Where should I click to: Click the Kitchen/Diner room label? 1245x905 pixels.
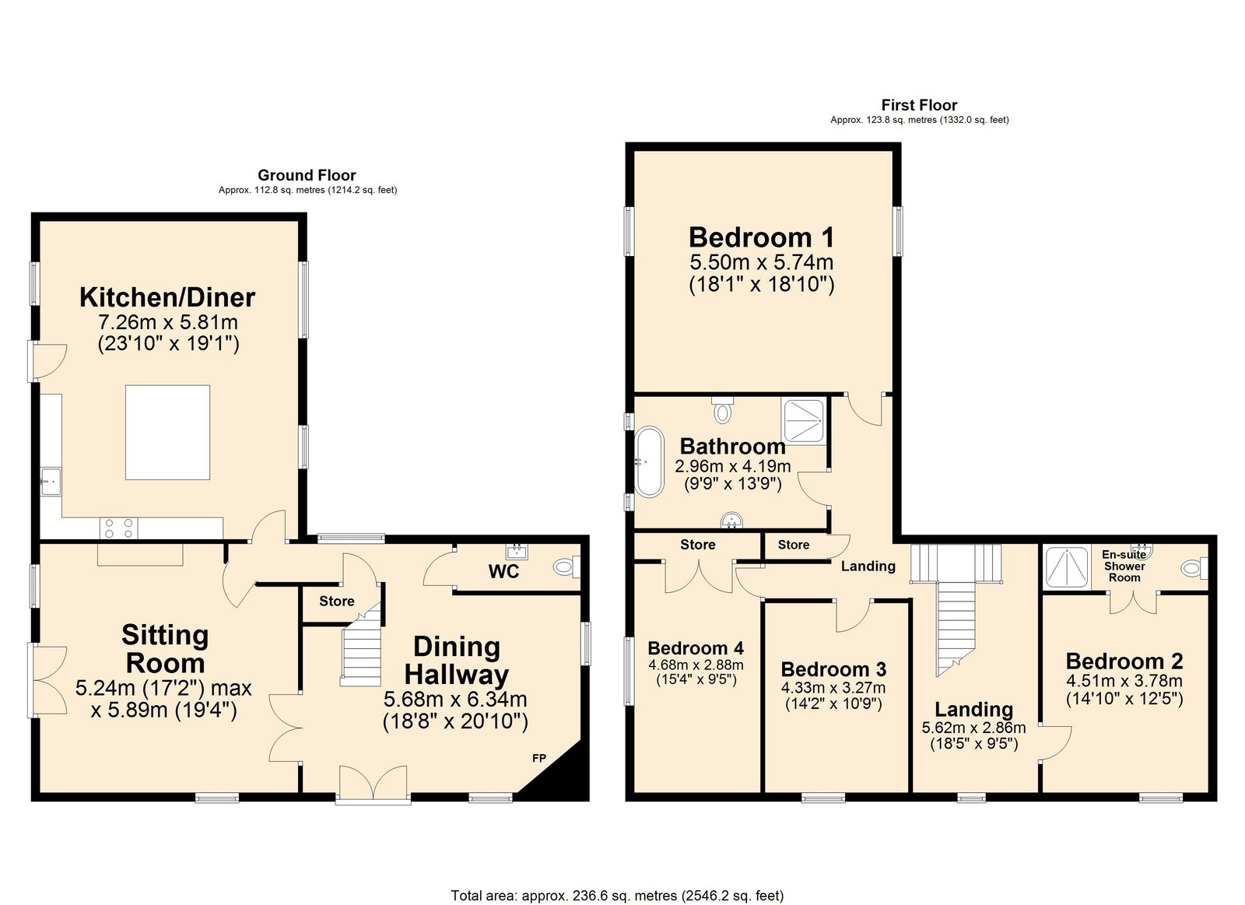167,297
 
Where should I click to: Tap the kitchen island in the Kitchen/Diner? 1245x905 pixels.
167,432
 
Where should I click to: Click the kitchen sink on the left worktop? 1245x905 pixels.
51,482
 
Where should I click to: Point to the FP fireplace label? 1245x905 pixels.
539,758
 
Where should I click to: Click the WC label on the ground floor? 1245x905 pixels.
503,572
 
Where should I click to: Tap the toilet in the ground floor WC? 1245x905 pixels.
566,567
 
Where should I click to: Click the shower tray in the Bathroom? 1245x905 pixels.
804,421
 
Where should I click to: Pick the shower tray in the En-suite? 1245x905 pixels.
1067,567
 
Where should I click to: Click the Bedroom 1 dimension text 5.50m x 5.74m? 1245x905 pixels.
761,262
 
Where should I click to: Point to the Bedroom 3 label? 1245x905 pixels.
833,669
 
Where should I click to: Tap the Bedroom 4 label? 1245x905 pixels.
696,648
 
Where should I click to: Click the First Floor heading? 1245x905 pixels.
919,105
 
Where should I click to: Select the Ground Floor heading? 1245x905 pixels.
307,175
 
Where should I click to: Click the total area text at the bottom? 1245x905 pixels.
617,896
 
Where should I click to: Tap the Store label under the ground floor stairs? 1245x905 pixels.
336,601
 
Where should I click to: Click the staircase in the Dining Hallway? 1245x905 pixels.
362,650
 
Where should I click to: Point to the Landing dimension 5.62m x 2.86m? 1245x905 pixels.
973,728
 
